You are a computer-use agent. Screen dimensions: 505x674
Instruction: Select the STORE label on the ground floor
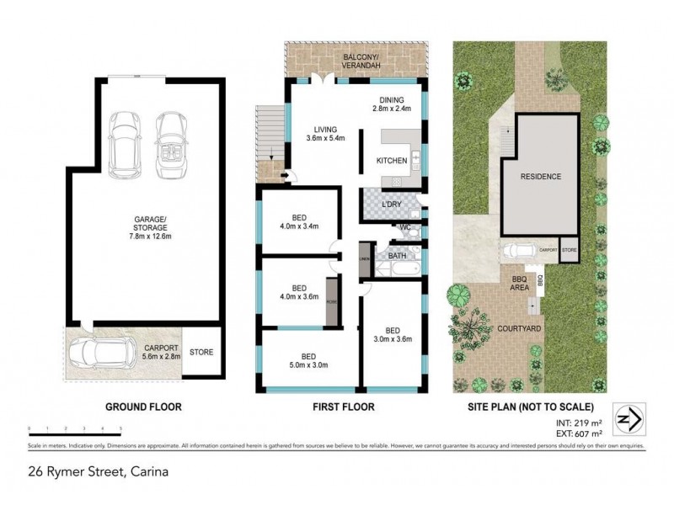tap(201, 352)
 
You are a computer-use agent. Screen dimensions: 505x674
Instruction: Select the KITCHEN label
tap(392, 160)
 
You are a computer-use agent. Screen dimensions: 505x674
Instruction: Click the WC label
tap(405, 227)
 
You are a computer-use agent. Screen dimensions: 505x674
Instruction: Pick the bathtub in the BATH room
tap(393, 268)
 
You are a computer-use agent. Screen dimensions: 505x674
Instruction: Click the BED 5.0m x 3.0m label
tap(309, 360)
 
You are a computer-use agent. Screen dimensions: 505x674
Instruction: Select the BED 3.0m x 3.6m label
tap(393, 335)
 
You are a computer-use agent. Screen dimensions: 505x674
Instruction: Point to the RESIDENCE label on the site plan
tap(540, 177)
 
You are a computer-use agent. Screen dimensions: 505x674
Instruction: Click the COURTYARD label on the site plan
tap(518, 306)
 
